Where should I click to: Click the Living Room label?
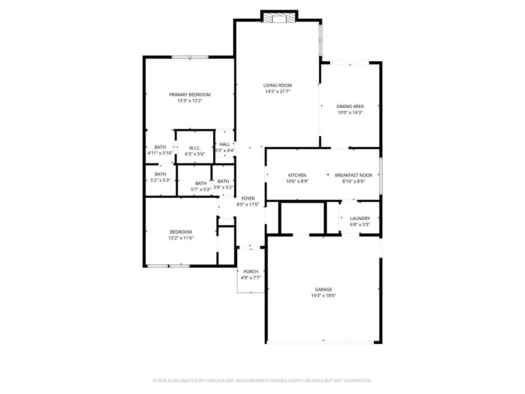click(277, 85)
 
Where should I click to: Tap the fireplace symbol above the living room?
click(280, 19)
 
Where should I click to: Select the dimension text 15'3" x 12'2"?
click(190, 101)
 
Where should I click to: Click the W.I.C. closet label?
click(195, 148)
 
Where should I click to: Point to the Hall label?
click(225, 144)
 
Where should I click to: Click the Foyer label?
click(248, 198)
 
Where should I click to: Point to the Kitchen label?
click(297, 175)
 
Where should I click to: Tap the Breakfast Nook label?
click(353, 175)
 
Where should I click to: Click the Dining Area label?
click(350, 107)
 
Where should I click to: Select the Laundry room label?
click(360, 219)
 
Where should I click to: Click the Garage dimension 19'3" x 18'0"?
click(323, 295)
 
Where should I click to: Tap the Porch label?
click(251, 271)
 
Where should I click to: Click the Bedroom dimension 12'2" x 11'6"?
click(181, 238)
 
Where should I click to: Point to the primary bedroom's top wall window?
click(190, 57)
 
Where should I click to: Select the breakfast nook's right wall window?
click(381, 175)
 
